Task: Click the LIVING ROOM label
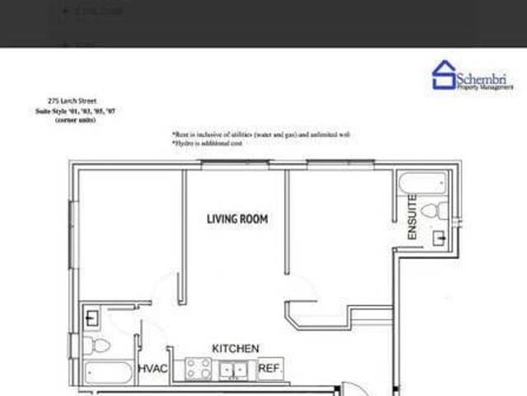click(237, 219)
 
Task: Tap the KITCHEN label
click(236, 349)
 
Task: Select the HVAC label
click(153, 369)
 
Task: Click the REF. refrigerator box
click(269, 369)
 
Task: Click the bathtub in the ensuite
click(422, 182)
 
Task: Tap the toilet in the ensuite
click(440, 210)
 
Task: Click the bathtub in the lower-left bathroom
click(107, 372)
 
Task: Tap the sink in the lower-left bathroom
click(92, 316)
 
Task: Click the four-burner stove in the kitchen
click(198, 369)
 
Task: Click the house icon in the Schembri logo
click(445, 75)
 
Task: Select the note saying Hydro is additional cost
click(208, 143)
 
